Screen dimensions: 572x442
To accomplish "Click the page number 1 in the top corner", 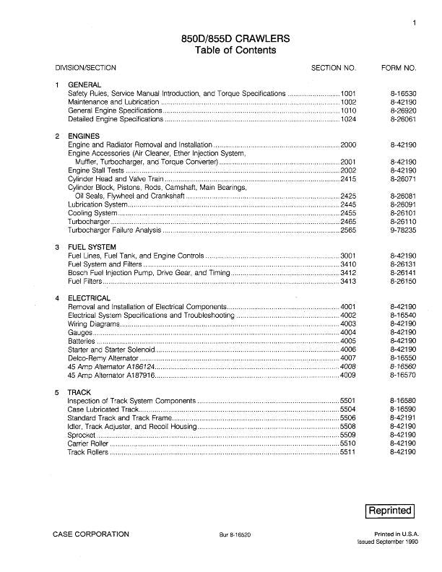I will pyautogui.click(x=415, y=23).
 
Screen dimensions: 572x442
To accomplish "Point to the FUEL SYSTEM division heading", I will pyautogui.click(x=92, y=248).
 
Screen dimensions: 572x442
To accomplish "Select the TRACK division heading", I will pyautogui.click(x=79, y=392).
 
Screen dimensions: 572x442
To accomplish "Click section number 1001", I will pyautogui.click(x=349, y=94).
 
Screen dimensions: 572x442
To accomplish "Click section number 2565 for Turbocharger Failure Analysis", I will pyautogui.click(x=349, y=230).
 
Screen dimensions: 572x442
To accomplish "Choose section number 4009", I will pyautogui.click(x=349, y=376).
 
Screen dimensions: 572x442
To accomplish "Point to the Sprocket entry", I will pyautogui.click(x=81, y=435).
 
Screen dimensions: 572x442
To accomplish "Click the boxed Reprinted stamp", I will pyautogui.click(x=391, y=511).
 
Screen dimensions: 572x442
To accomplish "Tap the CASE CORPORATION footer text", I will pyautogui.click(x=91, y=534).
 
